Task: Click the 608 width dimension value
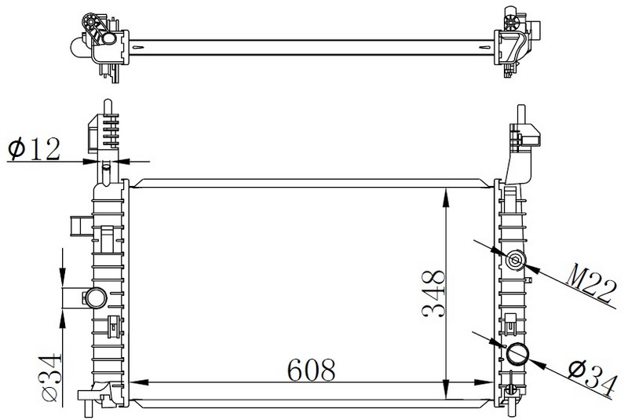tap(311, 370)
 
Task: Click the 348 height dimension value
tap(434, 294)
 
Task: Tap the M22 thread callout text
tap(591, 283)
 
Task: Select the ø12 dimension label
tap(34, 148)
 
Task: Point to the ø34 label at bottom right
tap(592, 378)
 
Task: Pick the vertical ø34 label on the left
tap(52, 378)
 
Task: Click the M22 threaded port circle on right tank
tap(515, 261)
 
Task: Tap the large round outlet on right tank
tap(518, 353)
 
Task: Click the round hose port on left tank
tap(97, 298)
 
